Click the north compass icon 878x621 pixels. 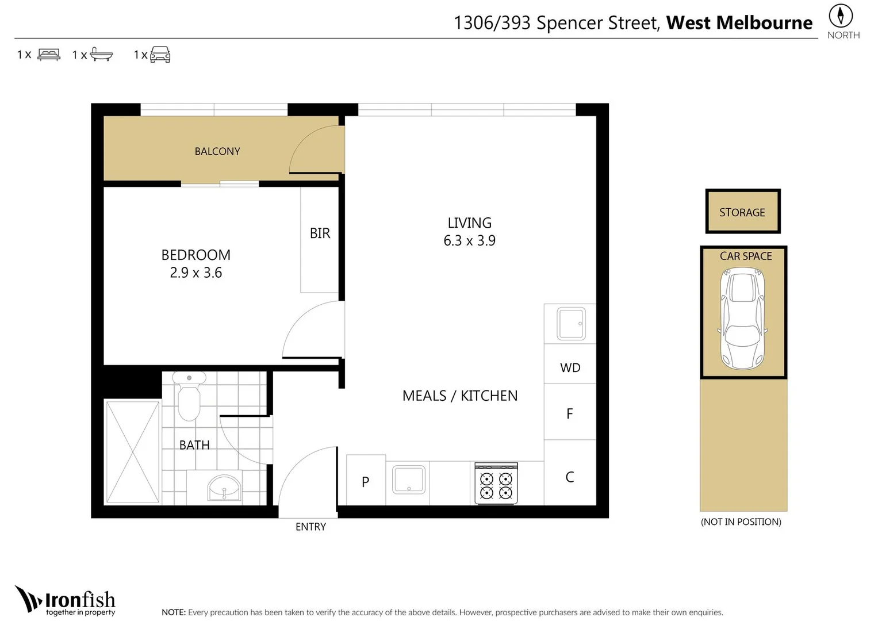(x=841, y=16)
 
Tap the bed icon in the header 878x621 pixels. (x=49, y=55)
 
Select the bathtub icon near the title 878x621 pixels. (x=102, y=55)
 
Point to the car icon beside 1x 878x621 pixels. (x=160, y=55)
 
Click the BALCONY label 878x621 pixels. (x=217, y=151)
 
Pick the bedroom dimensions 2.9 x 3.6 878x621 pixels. (x=196, y=273)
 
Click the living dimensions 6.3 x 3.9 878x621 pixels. (x=470, y=240)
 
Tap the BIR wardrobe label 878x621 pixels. (x=320, y=233)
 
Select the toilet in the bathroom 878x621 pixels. (x=189, y=396)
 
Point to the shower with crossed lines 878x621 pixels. (x=133, y=452)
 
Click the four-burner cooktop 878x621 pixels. (x=496, y=484)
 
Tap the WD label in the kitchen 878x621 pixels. (x=570, y=368)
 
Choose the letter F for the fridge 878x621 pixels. (x=570, y=413)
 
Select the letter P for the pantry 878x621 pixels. (x=366, y=481)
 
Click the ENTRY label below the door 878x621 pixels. (x=311, y=527)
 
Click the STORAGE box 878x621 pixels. (x=743, y=212)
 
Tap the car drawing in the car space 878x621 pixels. (x=743, y=319)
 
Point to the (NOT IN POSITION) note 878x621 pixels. (x=741, y=522)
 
